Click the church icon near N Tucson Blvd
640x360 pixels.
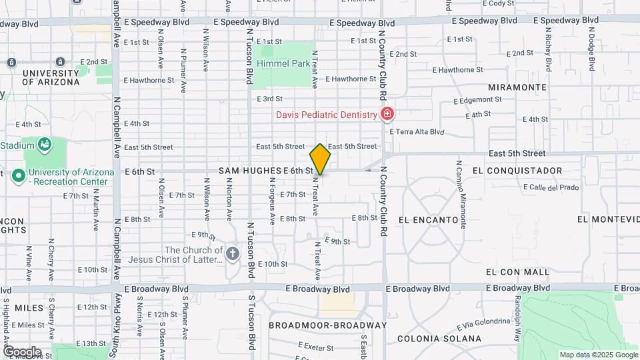coord(232,253)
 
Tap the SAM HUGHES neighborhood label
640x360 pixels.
coord(249,171)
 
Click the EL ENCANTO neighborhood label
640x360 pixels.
coord(428,219)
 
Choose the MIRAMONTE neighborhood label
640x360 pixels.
coord(517,87)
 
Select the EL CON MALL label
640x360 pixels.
coord(517,272)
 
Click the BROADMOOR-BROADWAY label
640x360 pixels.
coord(327,325)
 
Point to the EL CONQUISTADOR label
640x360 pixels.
coord(517,171)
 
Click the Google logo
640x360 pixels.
coord(22,352)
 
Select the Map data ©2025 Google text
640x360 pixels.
coord(598,355)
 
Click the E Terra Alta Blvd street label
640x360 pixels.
coord(417,132)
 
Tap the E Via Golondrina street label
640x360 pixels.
coord(484,325)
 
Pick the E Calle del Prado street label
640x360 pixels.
coord(551,187)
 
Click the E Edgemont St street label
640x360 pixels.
coord(477,101)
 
